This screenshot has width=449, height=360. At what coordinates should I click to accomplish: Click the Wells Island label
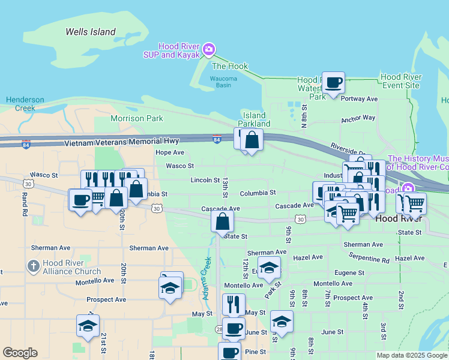[90, 32]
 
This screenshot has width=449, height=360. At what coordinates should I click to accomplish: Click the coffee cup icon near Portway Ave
[333, 82]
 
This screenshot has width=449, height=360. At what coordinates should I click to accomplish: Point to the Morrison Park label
[137, 118]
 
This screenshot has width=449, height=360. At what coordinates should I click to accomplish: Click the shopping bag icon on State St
[222, 221]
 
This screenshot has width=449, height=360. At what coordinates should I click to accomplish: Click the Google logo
[20, 353]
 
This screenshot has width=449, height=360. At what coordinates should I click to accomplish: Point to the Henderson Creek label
[25, 104]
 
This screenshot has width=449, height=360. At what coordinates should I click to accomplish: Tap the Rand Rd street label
[25, 204]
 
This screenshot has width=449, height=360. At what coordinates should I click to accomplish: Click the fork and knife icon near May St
[234, 304]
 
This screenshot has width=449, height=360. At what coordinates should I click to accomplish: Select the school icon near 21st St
[88, 326]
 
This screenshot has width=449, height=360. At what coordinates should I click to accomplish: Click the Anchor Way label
[358, 119]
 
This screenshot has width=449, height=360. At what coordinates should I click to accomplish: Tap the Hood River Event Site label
[401, 82]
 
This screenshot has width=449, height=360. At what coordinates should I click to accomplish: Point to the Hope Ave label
[170, 152]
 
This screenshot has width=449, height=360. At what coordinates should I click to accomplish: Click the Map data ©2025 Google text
[412, 355]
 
